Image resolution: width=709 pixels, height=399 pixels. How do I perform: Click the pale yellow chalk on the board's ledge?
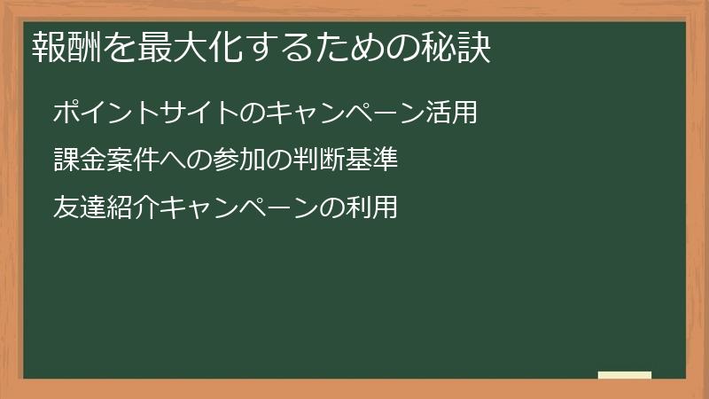[x=625, y=375]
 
